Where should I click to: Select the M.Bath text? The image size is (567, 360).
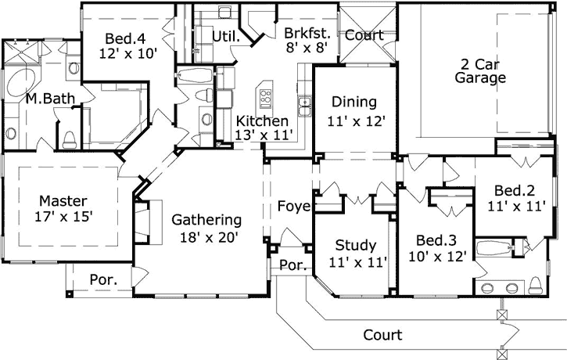click(44, 99)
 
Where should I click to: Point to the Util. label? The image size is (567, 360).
click(225, 36)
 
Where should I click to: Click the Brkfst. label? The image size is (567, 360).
click(307, 34)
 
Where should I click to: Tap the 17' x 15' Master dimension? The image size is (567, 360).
click(63, 216)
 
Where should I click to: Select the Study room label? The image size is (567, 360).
click(355, 245)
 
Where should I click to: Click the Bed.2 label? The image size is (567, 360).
click(513, 191)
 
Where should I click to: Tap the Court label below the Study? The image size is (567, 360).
click(382, 335)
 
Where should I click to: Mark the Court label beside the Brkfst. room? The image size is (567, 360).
click(364, 35)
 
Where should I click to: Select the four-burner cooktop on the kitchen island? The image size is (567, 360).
click(265, 99)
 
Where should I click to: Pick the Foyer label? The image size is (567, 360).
click(294, 207)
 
